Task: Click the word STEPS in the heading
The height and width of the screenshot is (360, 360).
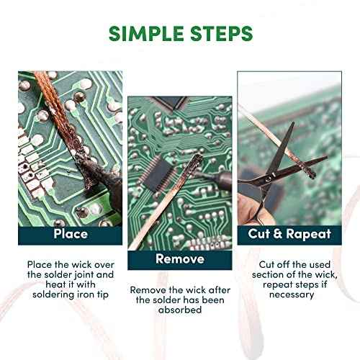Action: point(221,33)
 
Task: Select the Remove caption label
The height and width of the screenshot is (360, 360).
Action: point(180,259)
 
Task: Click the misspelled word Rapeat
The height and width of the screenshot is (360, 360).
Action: point(309,234)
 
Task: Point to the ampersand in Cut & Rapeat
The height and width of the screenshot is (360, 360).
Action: point(278,233)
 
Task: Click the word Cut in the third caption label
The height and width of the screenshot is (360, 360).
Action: point(259,233)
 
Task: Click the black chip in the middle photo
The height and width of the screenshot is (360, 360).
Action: point(159,174)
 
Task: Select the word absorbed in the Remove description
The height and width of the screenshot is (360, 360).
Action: point(180,310)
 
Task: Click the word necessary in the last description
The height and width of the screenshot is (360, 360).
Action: point(292,294)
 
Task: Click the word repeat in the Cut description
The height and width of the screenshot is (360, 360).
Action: point(278,285)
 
